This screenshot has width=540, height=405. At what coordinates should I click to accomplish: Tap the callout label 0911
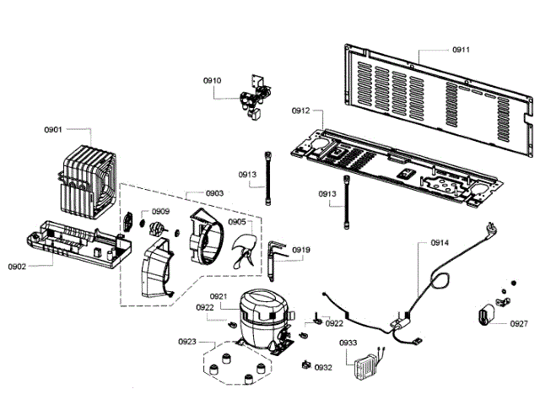461,50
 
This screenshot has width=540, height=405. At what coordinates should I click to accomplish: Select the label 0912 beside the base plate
301,111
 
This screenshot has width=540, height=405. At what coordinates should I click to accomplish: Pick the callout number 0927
518,323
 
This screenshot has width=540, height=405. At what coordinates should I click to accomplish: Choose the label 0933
348,343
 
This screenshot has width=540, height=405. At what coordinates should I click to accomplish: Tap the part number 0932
323,368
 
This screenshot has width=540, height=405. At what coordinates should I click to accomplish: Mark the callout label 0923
187,342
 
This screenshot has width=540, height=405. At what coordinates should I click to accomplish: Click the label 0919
301,250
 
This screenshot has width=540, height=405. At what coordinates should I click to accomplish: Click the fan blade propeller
243,251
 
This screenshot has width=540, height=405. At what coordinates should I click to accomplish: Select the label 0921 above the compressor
218,296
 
